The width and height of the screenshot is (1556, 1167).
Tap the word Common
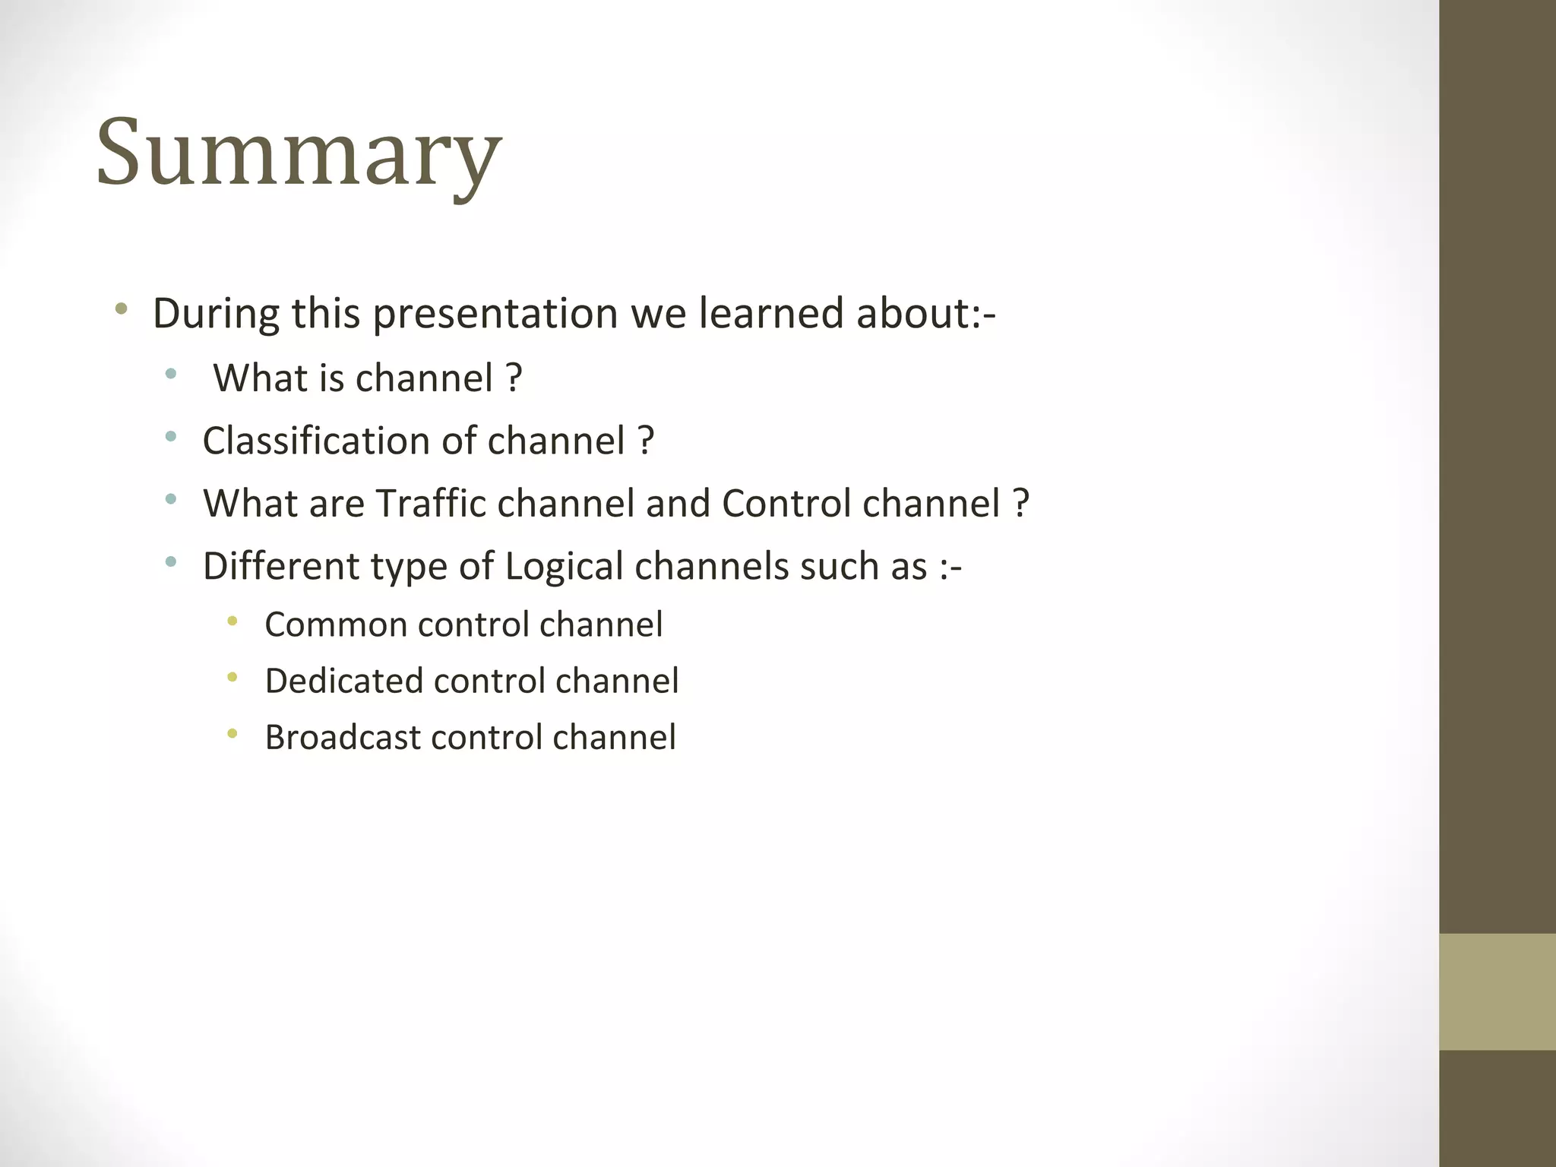(335, 625)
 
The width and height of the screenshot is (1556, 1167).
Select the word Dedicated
(343, 681)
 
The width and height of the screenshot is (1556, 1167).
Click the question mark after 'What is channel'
(514, 378)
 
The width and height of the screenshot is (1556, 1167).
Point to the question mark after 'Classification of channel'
(646, 441)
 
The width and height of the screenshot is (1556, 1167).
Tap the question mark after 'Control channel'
(1021, 503)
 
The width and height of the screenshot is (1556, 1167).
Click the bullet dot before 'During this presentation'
(121, 308)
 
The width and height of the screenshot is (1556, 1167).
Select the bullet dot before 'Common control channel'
(232, 621)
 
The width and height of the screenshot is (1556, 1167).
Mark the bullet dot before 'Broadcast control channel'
(232, 734)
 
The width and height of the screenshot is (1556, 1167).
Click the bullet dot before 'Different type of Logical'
(171, 562)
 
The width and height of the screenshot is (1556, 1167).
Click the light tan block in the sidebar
(1497, 991)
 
